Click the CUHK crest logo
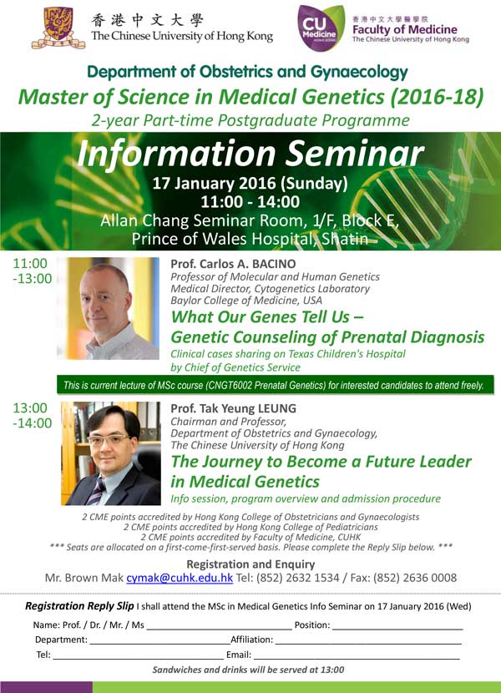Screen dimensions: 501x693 tap(58, 28)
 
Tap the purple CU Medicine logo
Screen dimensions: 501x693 tap(321, 28)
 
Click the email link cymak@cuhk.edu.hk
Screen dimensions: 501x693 tap(180, 578)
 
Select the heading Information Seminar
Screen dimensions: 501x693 tap(250, 154)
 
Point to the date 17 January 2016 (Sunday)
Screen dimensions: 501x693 tap(250, 184)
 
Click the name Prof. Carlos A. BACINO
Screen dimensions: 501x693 tap(233, 264)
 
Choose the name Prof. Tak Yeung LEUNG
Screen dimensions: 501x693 tap(234, 408)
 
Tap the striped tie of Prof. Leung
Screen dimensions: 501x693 tap(96, 491)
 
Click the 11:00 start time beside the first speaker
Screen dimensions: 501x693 tap(30, 263)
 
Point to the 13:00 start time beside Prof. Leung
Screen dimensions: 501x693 tap(30, 408)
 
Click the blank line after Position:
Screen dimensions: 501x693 tap(397, 629)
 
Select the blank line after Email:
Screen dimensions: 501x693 tap(357, 659)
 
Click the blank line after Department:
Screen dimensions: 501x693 tap(160, 644)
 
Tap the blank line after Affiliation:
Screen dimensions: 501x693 tap(368, 644)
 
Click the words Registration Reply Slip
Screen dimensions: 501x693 tap(79, 606)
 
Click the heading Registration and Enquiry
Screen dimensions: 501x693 tap(250, 564)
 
